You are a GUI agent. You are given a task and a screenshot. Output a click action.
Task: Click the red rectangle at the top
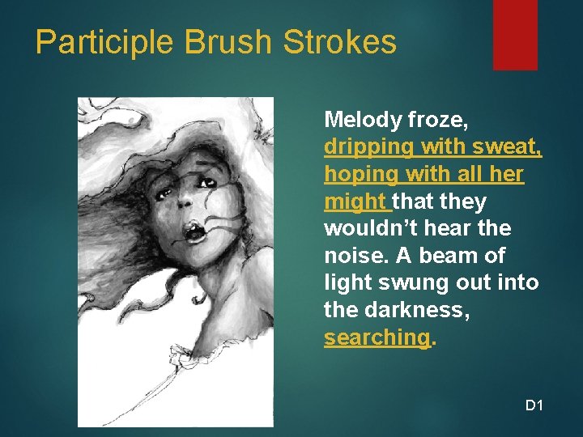click(x=515, y=34)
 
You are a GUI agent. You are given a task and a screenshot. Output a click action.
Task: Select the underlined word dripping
click(x=363, y=148)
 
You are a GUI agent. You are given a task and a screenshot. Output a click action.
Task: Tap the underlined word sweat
click(x=510, y=148)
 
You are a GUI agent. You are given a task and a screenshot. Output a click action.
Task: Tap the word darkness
click(x=414, y=310)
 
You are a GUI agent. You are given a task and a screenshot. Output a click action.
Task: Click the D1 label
click(x=534, y=405)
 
